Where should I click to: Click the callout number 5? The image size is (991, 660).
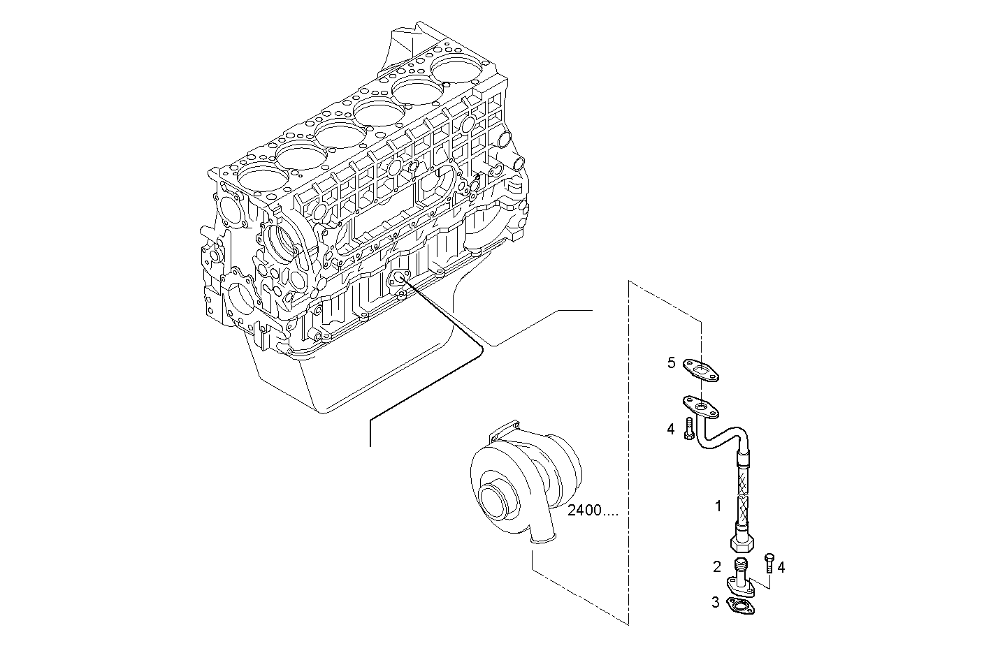click(x=671, y=362)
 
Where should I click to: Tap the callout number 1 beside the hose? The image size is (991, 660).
click(x=718, y=506)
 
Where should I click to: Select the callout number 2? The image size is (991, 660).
click(x=716, y=566)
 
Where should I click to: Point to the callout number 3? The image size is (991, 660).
click(x=715, y=602)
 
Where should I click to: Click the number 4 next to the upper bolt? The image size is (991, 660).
click(x=671, y=429)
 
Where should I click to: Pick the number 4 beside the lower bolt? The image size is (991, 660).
click(x=781, y=568)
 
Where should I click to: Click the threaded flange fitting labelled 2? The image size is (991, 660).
click(x=741, y=577)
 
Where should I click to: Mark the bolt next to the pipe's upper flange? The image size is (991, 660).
click(x=690, y=428)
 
